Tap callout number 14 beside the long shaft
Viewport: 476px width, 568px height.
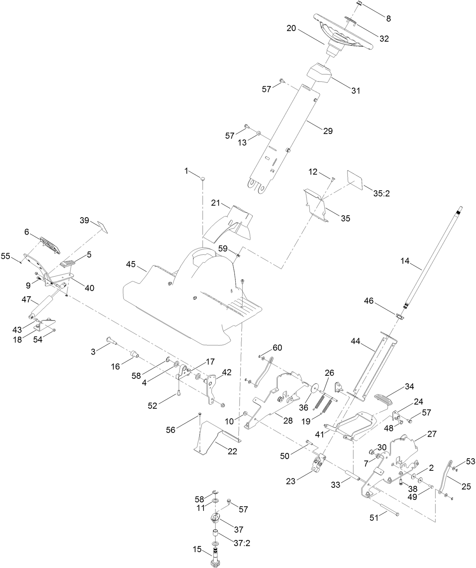405,261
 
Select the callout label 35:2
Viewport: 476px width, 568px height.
381,193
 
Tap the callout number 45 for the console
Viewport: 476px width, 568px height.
131,264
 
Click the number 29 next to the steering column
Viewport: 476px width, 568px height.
328,131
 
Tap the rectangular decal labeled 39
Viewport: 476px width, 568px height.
103,227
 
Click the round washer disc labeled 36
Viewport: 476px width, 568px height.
314,389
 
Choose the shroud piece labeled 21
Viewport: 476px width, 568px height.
227,223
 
